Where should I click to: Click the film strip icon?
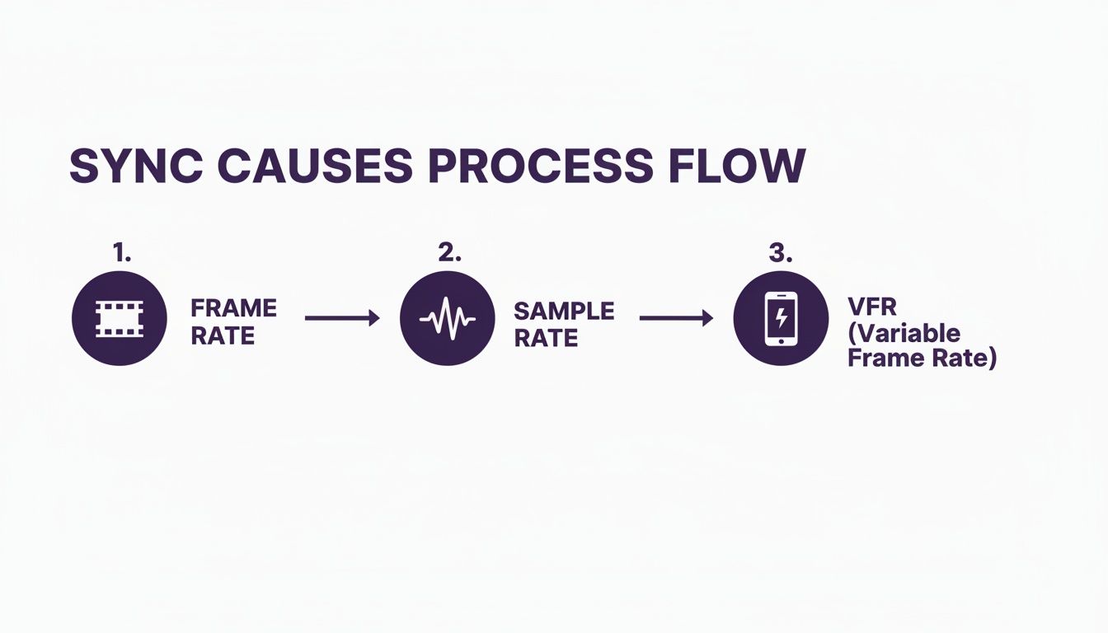coord(120,318)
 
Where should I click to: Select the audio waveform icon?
coord(448,318)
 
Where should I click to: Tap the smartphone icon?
coord(780,318)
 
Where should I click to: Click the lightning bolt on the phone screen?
coord(780,317)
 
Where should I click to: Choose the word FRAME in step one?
coord(233,308)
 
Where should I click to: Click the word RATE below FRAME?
coord(223,336)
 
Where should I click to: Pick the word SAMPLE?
coord(564,311)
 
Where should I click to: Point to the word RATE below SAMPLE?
coord(545,338)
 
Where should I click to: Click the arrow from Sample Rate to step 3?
coord(676,317)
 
